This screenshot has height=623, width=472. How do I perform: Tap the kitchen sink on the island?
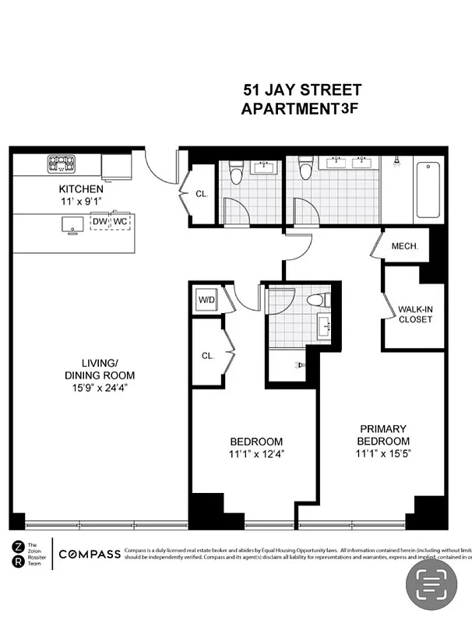tap(72, 224)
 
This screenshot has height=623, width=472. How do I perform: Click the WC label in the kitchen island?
tap(120, 221)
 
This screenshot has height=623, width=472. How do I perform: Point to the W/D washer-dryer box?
tap(206, 300)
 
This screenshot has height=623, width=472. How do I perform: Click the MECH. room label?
tap(405, 246)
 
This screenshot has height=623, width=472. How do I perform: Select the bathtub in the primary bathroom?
tap(429, 190)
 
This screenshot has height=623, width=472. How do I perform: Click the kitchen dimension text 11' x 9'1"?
tap(81, 202)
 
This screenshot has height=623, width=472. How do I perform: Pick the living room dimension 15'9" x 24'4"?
tap(94, 385)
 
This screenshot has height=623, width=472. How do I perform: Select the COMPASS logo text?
tap(90, 554)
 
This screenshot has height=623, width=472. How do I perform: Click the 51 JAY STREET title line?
tap(292, 92)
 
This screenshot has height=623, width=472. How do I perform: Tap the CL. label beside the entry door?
tap(201, 194)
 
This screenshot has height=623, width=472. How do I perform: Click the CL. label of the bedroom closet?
tap(207, 355)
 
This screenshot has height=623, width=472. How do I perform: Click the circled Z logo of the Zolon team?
tap(18, 546)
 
